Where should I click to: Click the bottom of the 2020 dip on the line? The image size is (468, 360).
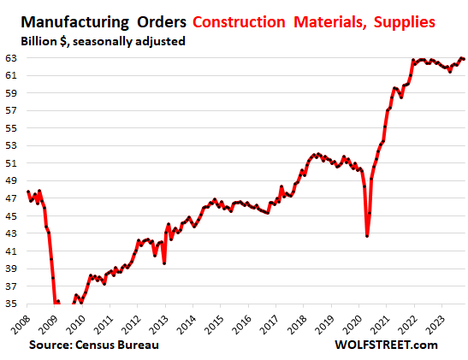367,235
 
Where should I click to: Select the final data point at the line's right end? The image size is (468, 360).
464,59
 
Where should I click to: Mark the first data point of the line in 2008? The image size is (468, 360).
28,192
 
